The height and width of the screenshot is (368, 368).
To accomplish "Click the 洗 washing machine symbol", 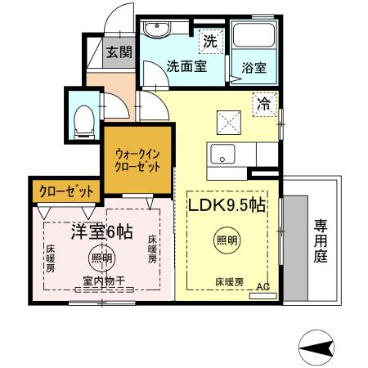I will [209, 39].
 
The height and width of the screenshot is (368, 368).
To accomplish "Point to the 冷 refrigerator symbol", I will [264, 104].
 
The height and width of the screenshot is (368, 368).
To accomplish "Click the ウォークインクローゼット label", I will [137, 158].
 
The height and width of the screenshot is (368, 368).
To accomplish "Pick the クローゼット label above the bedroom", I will [65, 191].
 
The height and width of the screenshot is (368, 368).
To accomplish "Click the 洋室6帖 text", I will [101, 232].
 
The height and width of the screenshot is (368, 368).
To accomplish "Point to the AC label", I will [263, 288].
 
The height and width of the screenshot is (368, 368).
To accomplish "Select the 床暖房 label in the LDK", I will [229, 282].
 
